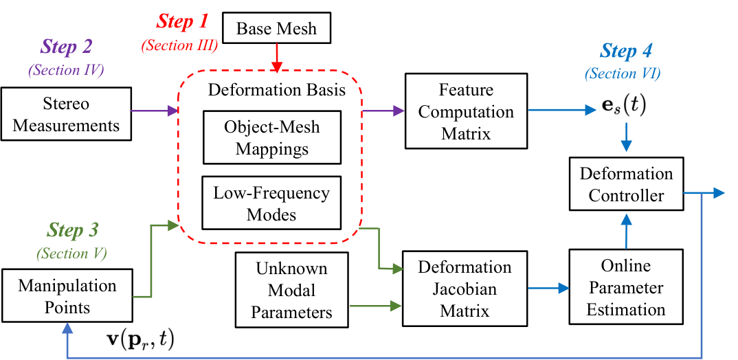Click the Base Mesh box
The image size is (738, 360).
click(x=276, y=29)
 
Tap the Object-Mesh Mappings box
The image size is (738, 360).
click(x=271, y=137)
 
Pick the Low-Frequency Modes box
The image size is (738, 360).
click(x=271, y=203)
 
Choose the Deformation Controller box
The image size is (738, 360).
click(x=626, y=183)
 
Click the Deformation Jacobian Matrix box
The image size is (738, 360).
click(x=465, y=289)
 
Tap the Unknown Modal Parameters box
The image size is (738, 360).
click(x=291, y=290)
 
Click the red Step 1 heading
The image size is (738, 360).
click(x=182, y=22)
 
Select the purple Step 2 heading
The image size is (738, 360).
click(x=67, y=47)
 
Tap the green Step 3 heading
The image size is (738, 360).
click(x=71, y=230)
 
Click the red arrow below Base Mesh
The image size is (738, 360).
click(x=277, y=58)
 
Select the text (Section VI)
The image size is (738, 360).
click(x=623, y=74)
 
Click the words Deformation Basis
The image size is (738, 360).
click(x=277, y=90)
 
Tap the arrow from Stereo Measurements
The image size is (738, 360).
click(x=154, y=111)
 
